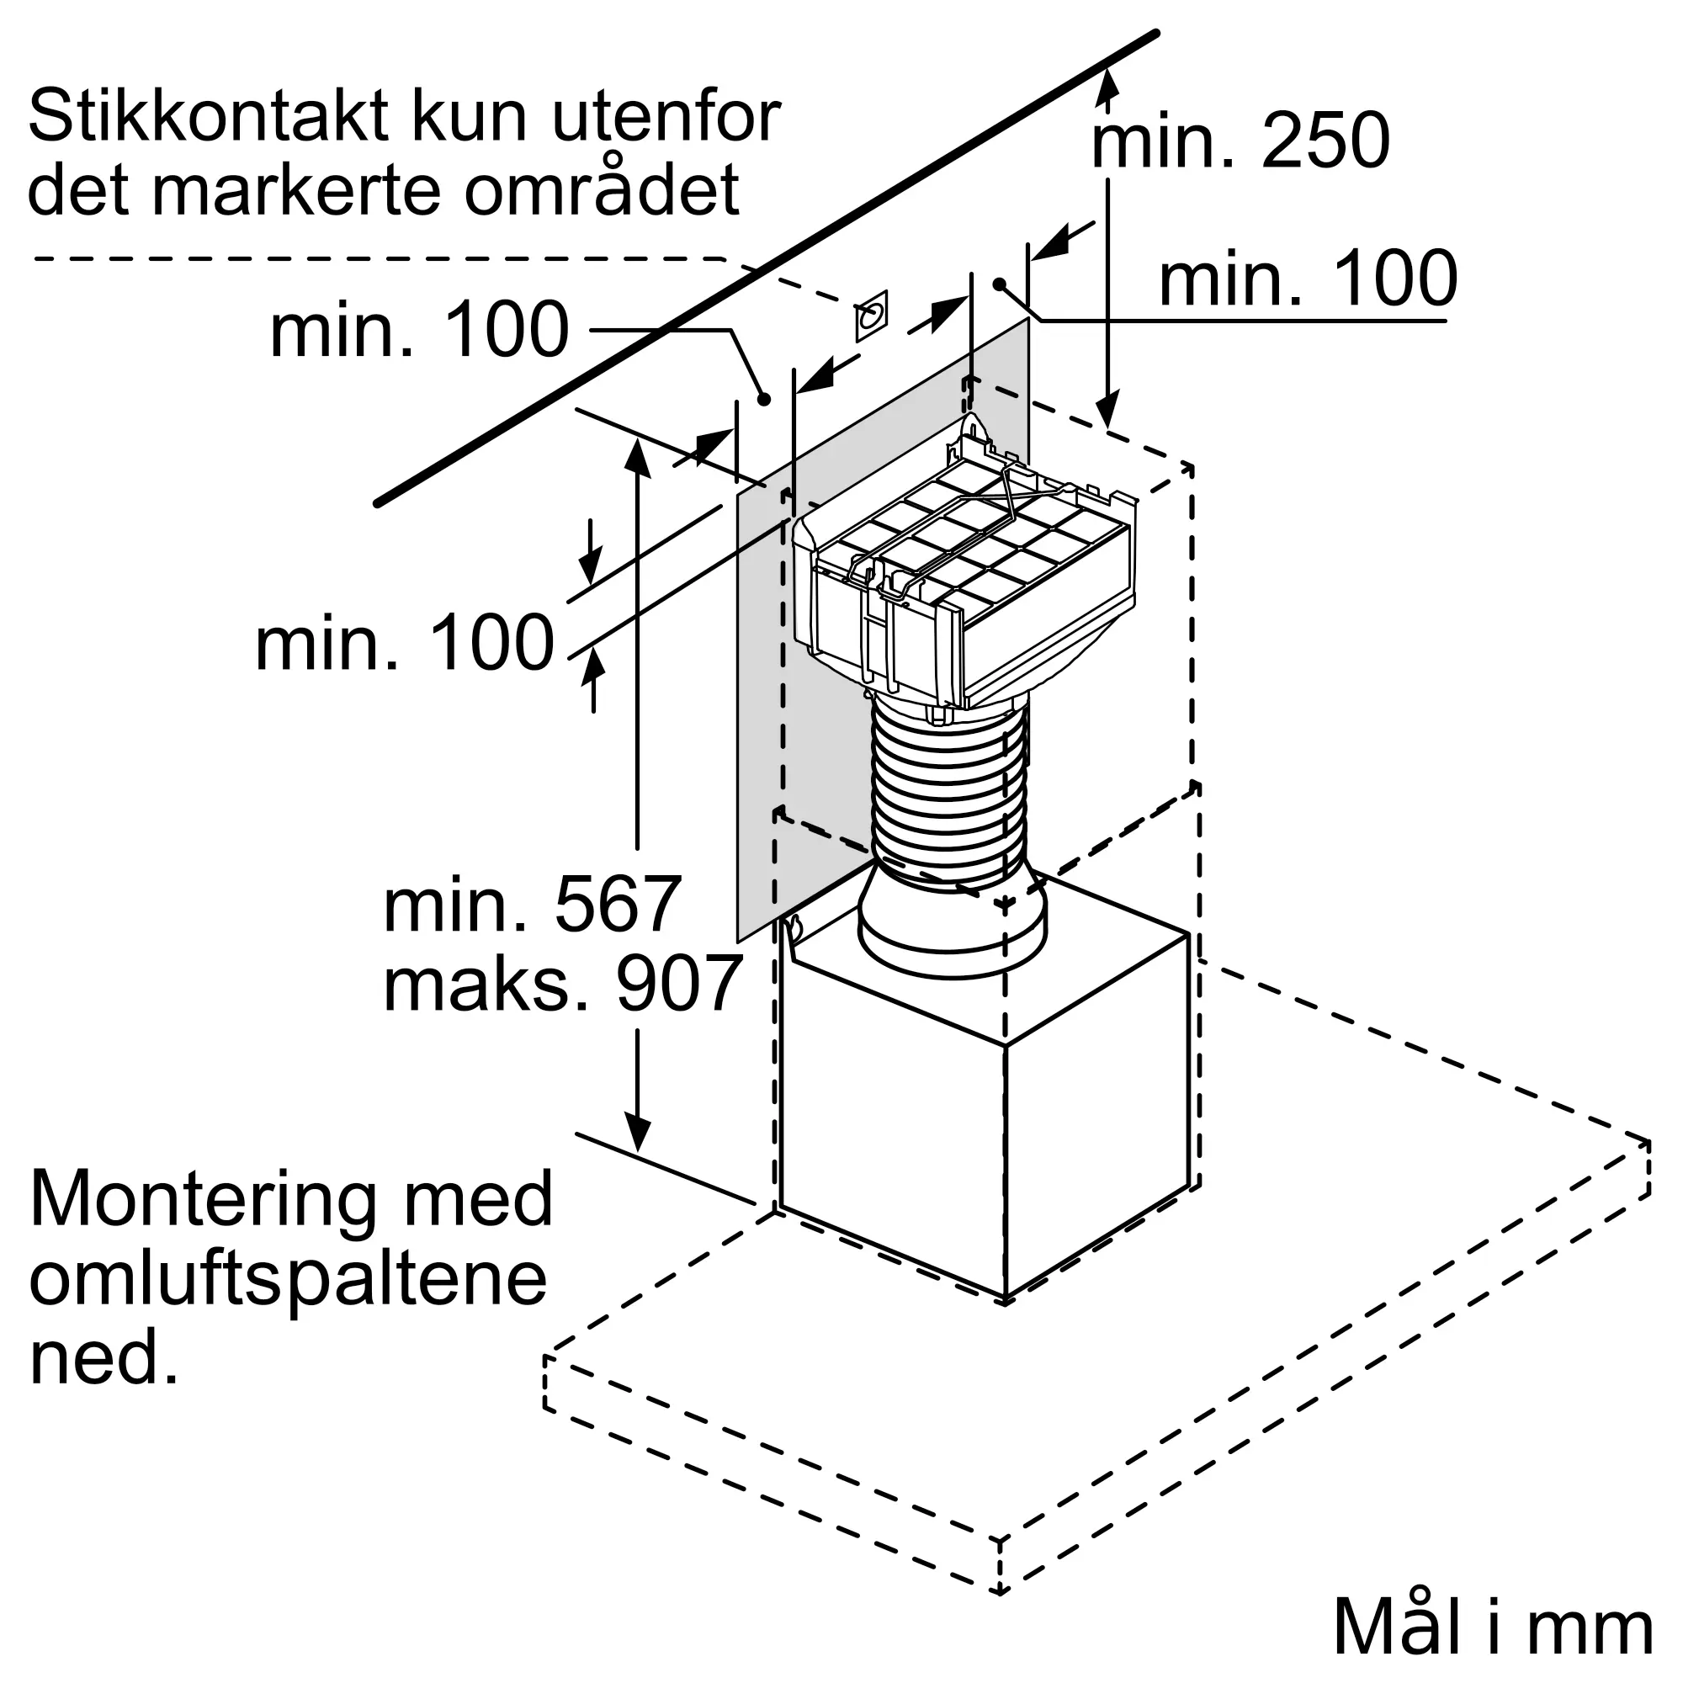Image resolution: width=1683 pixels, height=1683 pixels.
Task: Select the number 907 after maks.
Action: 678,985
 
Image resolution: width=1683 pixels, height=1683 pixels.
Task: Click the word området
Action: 602,190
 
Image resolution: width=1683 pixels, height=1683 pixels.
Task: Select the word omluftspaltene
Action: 289,1279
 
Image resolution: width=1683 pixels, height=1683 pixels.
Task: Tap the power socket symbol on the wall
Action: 871,316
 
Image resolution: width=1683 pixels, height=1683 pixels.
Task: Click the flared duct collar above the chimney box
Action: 951,927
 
